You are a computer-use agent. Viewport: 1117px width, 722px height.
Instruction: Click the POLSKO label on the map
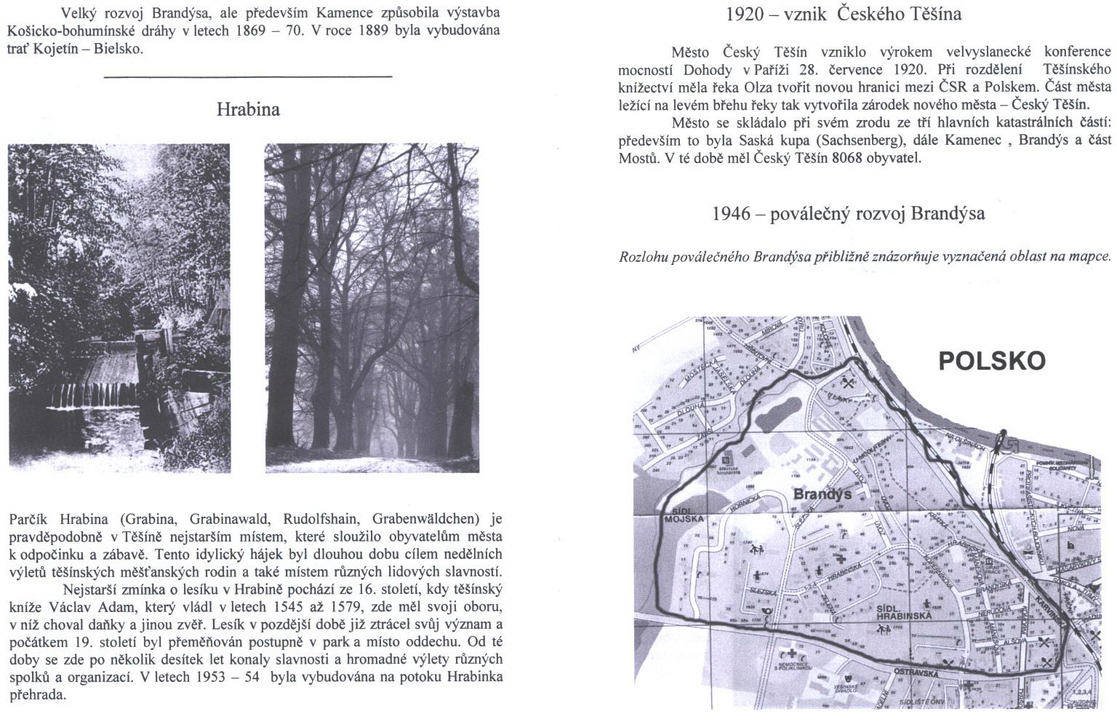click(x=991, y=361)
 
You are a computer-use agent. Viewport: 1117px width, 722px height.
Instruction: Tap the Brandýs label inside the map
click(x=822, y=494)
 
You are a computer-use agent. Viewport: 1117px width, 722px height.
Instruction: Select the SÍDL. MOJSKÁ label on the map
click(x=684, y=514)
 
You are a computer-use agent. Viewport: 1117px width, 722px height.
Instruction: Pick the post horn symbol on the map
click(x=766, y=611)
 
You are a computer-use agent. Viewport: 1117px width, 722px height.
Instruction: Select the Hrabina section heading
click(x=248, y=110)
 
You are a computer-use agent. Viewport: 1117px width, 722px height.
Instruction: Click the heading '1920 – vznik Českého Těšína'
click(x=844, y=13)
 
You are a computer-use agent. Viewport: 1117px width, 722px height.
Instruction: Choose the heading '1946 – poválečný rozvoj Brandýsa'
click(x=849, y=213)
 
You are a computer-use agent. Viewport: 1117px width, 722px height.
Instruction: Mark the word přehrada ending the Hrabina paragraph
click(x=38, y=694)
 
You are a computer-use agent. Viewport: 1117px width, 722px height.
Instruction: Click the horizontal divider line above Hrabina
click(x=248, y=76)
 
